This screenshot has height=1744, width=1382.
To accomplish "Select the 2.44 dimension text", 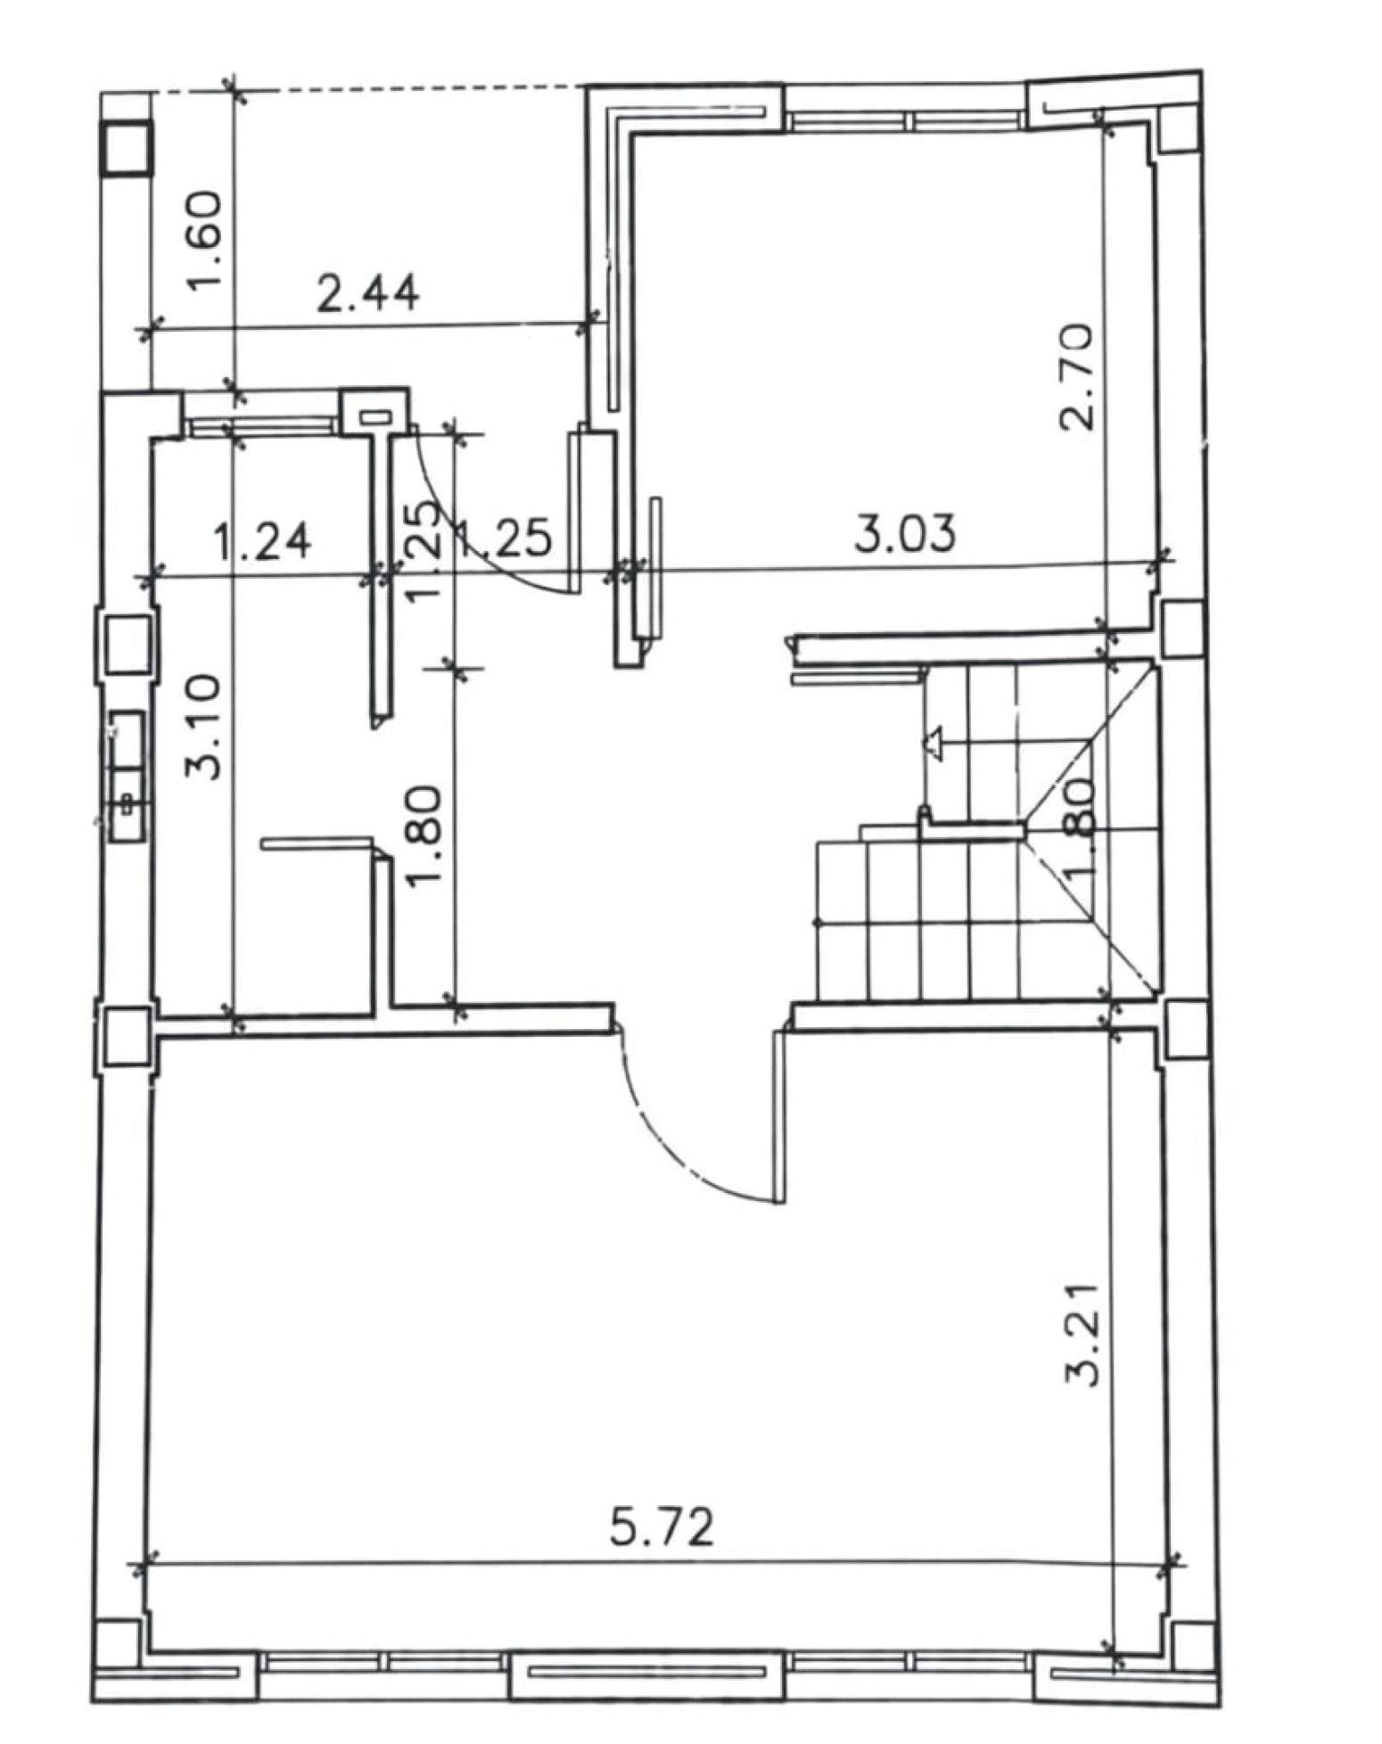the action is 368,293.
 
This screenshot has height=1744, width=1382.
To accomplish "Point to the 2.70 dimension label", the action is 1076,377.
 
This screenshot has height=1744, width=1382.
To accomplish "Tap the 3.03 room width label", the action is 905,534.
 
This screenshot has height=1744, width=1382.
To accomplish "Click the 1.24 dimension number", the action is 263,541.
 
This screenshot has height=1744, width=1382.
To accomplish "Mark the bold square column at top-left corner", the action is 128,148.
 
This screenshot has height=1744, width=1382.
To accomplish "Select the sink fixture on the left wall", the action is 128,776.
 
